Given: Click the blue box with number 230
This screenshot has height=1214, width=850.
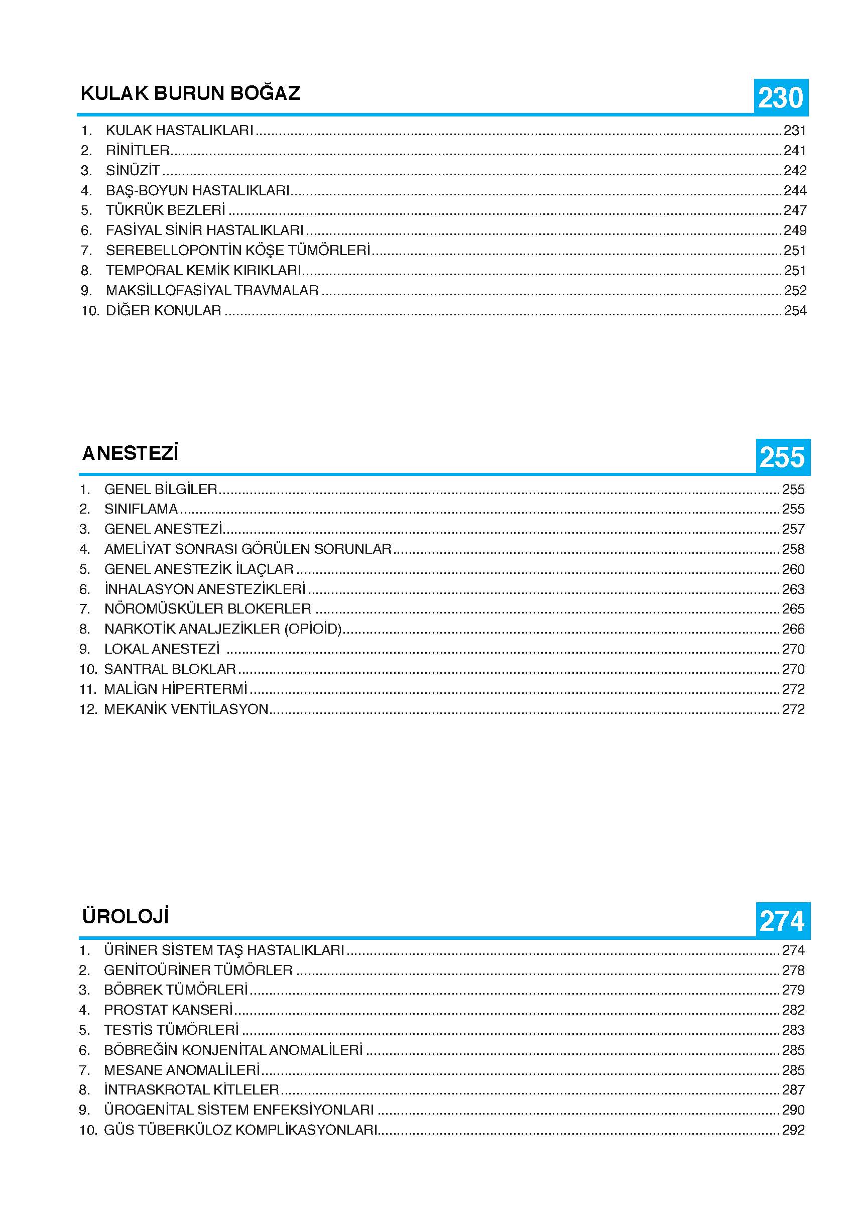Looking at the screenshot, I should (x=780, y=97).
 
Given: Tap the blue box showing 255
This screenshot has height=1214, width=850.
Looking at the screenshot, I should (x=782, y=457).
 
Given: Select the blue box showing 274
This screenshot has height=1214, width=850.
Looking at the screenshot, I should (x=782, y=921).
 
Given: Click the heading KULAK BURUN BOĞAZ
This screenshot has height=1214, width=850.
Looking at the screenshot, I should (x=190, y=93).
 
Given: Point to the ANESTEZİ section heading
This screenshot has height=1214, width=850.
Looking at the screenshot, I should (x=130, y=453).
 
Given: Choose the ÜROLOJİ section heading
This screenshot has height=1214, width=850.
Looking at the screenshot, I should (x=126, y=916).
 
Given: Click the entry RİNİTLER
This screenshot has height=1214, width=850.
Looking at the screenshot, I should (x=138, y=151).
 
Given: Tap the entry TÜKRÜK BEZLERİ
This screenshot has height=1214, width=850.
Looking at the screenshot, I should (x=166, y=210).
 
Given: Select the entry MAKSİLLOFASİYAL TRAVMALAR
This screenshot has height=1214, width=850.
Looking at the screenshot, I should (x=212, y=290).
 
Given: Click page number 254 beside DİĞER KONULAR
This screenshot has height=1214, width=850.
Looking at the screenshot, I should (x=794, y=310).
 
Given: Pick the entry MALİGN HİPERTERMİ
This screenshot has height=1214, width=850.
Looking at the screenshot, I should (x=176, y=689).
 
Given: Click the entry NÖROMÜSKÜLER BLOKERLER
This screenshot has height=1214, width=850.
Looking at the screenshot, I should (x=208, y=609).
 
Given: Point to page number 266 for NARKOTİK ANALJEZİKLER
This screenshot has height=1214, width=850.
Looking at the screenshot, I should (x=793, y=629).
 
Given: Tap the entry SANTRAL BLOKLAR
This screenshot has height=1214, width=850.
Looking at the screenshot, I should (x=170, y=669).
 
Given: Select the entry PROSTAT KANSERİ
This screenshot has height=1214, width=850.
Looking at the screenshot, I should (x=168, y=1010).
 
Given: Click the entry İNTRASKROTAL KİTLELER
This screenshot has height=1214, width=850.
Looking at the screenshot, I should (x=191, y=1090).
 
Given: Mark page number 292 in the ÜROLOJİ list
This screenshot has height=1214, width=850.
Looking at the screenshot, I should (x=793, y=1130).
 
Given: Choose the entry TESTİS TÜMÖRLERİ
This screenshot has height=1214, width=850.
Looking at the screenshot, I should (x=171, y=1030).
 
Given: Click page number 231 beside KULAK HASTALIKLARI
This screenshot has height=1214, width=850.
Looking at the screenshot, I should (x=794, y=131).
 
